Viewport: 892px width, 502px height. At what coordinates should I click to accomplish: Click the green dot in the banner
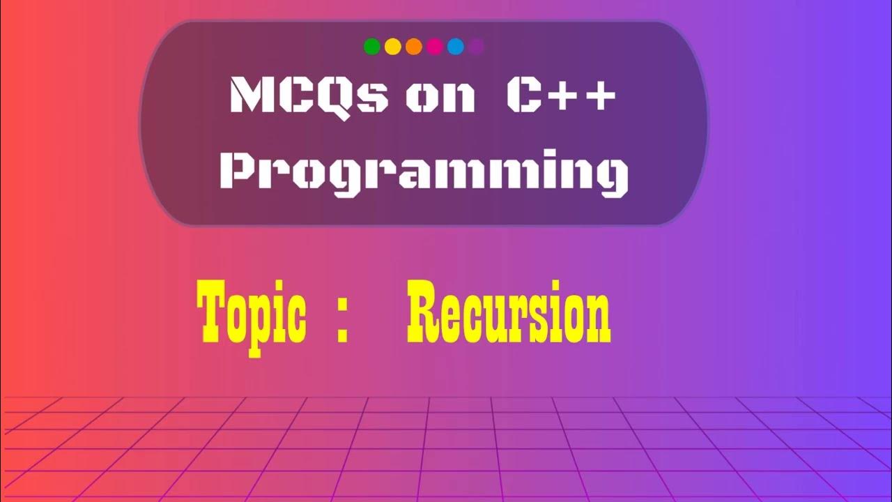pos(372,47)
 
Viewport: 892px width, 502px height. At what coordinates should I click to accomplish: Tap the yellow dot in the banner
pos(393,47)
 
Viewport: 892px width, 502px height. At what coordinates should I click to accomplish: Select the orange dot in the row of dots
pos(414,47)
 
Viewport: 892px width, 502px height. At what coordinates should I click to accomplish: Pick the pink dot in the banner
pos(435,47)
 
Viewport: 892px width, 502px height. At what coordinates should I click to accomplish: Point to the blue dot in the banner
pos(456,47)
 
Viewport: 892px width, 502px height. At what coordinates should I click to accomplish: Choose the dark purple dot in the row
pos(477,47)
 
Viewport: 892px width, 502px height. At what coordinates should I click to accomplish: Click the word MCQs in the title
pos(309,96)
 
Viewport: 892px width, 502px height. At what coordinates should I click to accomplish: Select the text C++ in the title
pos(561,96)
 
